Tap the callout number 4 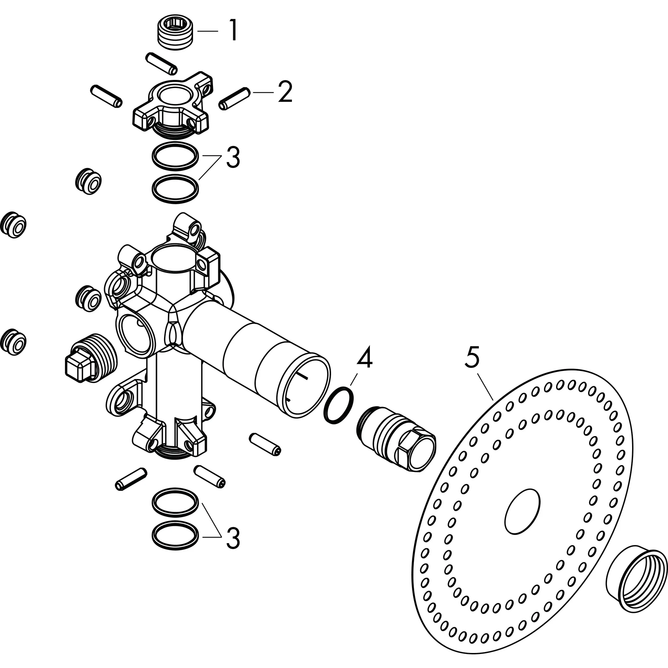coord(364,357)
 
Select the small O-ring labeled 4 coord(339,405)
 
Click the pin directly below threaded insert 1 coord(161,63)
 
